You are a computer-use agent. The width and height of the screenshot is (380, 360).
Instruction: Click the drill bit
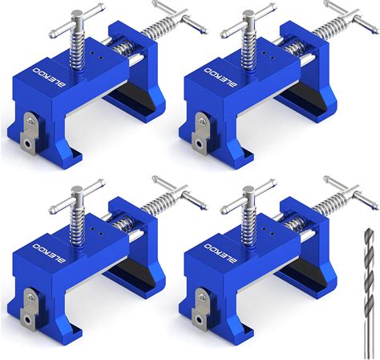370,293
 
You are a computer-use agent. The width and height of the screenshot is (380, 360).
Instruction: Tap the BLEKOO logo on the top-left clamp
49,77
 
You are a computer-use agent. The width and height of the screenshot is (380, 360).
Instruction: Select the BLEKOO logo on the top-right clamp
220,77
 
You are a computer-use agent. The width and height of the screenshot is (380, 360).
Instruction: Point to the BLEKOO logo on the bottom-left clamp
49,253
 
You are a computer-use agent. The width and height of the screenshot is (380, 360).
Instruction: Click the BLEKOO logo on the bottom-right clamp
220,253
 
